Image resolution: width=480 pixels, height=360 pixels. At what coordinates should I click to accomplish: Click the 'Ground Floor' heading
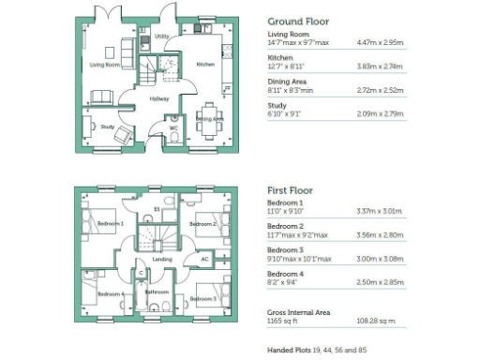click(x=298, y=21)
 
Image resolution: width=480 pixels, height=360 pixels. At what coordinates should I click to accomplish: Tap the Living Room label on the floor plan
click(x=105, y=65)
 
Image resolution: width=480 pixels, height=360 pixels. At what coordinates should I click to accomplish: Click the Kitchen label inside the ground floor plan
click(x=205, y=64)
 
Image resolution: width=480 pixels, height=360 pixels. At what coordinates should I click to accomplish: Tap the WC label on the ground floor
click(x=173, y=128)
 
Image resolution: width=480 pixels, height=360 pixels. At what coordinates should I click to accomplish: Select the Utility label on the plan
click(x=161, y=37)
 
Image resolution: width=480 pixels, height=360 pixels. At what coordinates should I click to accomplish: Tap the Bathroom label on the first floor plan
click(x=157, y=292)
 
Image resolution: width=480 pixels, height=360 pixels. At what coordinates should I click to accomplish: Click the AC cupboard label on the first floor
click(x=205, y=259)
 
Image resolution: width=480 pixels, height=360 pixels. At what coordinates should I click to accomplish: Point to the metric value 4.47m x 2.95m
click(x=379, y=43)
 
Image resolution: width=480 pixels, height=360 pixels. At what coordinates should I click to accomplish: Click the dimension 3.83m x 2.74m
click(x=379, y=67)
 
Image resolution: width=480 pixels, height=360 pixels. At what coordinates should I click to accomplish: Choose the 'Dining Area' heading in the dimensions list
click(x=286, y=82)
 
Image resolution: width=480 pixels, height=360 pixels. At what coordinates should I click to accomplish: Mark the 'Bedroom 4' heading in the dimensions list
click(x=285, y=273)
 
